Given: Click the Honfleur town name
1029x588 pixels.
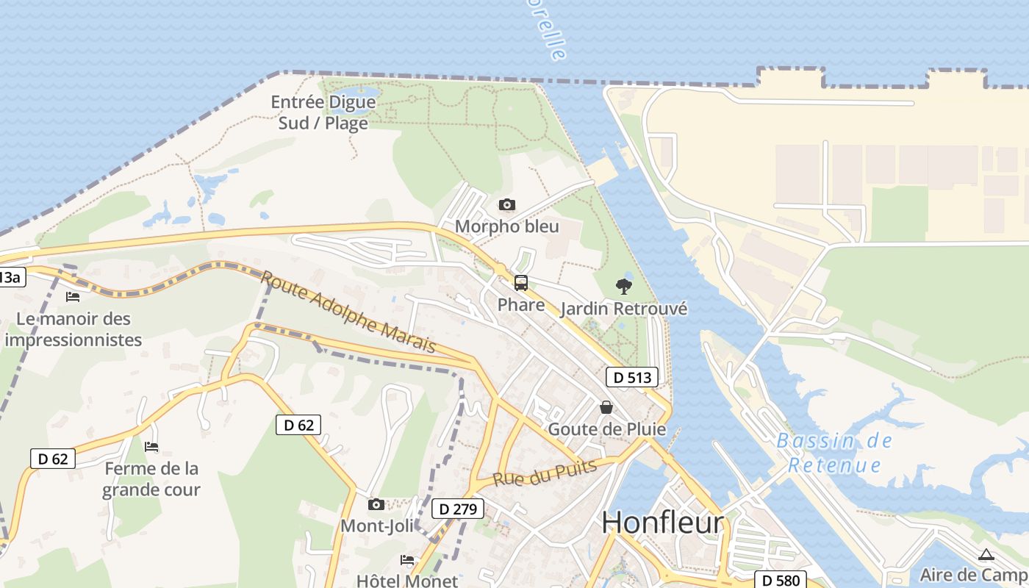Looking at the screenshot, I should (663, 523).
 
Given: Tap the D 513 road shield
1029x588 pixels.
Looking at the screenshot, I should (632, 378).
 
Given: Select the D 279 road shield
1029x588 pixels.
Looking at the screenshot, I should (459, 509).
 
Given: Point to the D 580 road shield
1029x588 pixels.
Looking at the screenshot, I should (781, 580).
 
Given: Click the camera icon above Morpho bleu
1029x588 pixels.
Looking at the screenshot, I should (506, 205).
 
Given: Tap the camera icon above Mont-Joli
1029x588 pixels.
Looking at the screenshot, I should (376, 504).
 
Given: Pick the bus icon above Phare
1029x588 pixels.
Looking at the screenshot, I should (521, 282).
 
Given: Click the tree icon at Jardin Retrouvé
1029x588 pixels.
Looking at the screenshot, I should (624, 287).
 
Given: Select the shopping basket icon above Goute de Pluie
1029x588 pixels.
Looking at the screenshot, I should (606, 407).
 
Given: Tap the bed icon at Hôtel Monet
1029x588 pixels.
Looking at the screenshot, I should (407, 560).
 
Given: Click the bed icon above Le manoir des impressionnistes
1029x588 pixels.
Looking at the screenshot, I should (73, 297).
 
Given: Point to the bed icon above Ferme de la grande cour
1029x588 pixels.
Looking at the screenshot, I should (151, 447).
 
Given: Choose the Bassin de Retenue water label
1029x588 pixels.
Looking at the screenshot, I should (834, 453).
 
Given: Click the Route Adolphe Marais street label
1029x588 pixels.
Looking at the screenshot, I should (348, 312).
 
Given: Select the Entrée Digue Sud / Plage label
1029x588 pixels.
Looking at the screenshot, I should (323, 112).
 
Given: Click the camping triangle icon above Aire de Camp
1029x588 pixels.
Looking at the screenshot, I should (986, 554).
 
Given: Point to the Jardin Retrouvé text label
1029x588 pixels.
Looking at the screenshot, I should (624, 309).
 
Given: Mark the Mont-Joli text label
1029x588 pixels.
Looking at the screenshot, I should (376, 526).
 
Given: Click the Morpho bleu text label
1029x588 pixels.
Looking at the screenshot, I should (506, 226).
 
